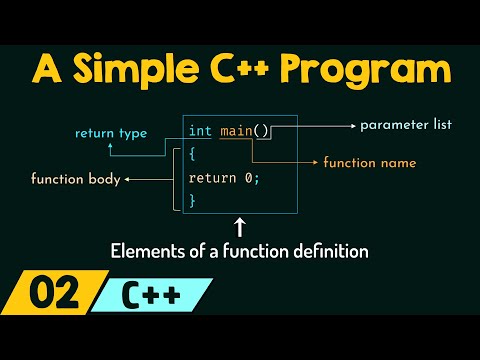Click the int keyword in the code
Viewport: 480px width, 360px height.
pos(200,130)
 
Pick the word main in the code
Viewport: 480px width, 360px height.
pos(238,130)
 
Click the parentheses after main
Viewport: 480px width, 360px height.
pos(263,130)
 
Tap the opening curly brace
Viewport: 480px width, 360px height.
pos(192,154)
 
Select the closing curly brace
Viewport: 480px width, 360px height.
pos(192,200)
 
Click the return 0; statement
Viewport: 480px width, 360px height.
pos(224,178)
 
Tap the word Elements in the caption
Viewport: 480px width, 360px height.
pos(143,252)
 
